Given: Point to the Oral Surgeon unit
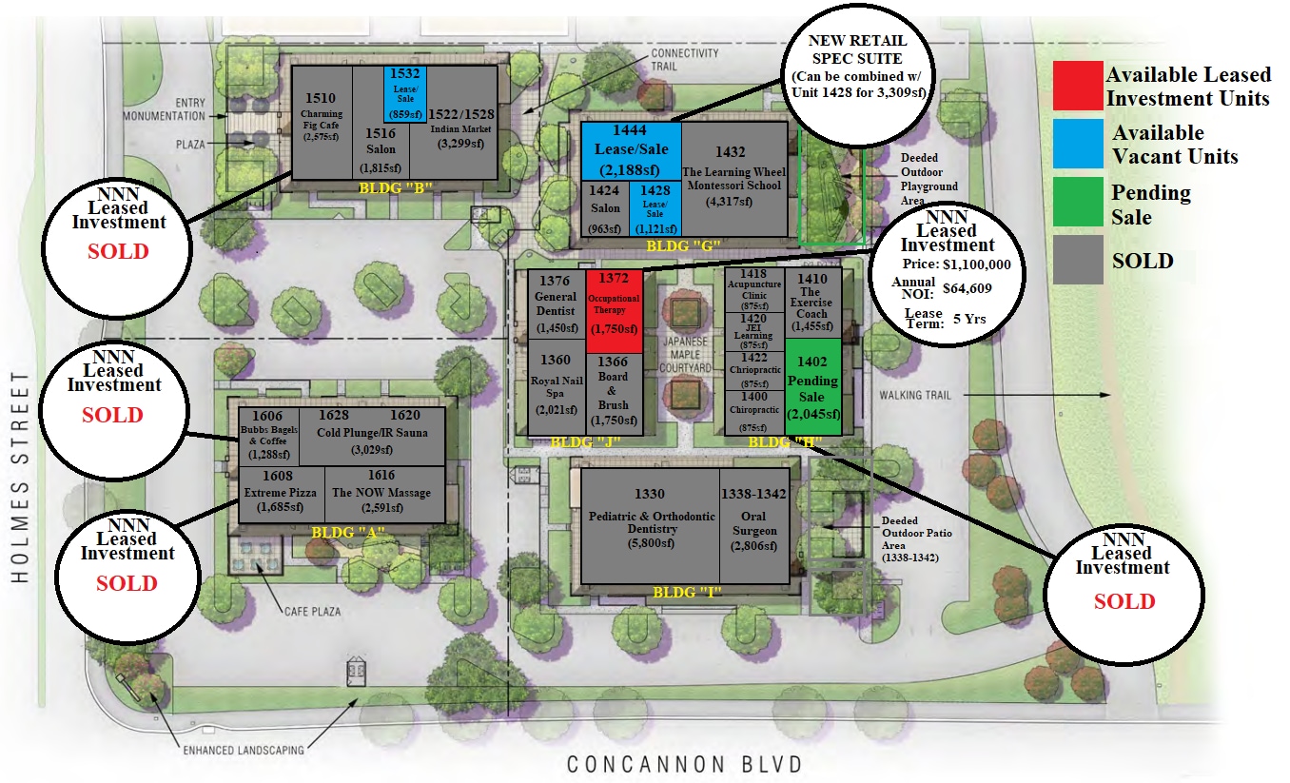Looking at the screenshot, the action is click(754, 524).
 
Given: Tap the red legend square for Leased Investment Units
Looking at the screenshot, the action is click(1078, 86).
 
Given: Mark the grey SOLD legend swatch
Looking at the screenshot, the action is click(1078, 259).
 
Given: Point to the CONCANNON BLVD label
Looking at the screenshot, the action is click(685, 764).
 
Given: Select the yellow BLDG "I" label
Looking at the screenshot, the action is click(688, 592).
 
